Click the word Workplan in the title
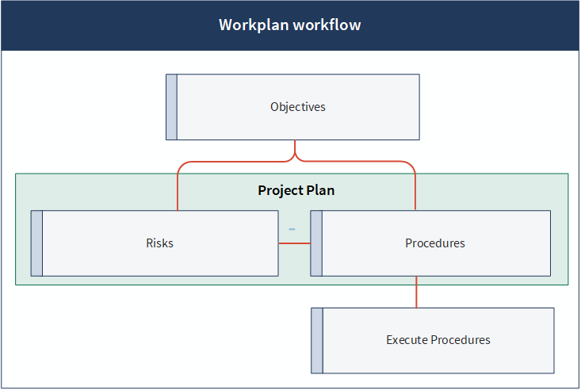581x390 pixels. (254, 25)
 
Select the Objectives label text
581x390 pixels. (298, 107)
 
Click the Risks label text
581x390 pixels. (159, 243)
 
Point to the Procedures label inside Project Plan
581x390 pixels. (435, 243)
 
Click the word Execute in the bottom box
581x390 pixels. (407, 340)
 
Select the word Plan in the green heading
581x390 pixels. (320, 190)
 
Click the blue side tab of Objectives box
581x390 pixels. (171, 107)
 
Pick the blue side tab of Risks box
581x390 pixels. (36, 243)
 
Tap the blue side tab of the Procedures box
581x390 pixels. (316, 243)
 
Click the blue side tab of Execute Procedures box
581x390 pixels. (317, 340)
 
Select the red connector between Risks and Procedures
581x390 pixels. (295, 243)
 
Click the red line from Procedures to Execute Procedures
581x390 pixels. (416, 292)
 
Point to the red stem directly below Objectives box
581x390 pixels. (295, 147)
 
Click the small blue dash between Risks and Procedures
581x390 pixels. (292, 229)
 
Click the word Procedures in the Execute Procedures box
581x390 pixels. (461, 340)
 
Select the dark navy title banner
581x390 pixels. (290, 25)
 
